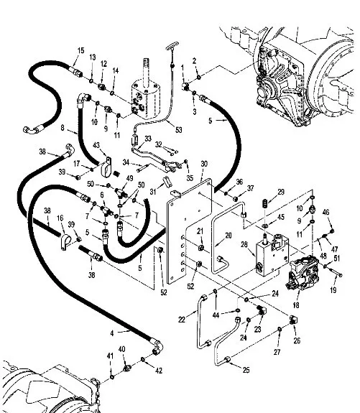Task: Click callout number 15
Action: click(81, 50)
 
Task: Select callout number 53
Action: click(179, 130)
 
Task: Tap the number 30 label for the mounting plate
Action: click(204, 164)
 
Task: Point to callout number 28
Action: click(244, 244)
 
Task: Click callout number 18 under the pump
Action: click(296, 305)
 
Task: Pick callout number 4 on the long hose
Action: click(112, 333)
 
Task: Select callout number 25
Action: click(246, 370)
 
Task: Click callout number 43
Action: click(96, 145)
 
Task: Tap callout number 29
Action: click(281, 192)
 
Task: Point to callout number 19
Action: click(333, 290)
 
